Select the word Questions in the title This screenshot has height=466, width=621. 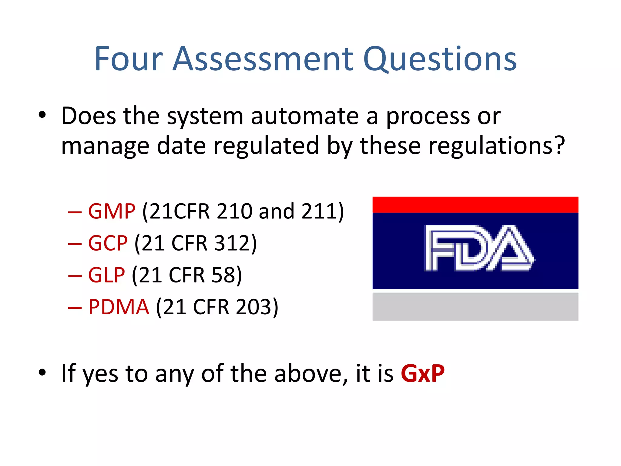click(x=440, y=60)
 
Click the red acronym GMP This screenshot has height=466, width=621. click(x=112, y=211)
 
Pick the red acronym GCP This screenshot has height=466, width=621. click(x=108, y=243)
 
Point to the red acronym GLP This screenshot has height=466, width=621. click(x=106, y=275)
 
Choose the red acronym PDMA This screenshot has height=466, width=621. click(x=119, y=307)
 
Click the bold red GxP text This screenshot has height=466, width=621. click(x=422, y=373)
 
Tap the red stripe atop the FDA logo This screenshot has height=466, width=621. click(x=475, y=204)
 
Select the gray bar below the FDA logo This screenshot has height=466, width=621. click(x=475, y=307)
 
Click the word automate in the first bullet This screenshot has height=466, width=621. click(x=305, y=116)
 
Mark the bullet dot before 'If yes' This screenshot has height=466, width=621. click(x=42, y=372)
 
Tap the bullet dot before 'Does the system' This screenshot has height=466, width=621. click(x=42, y=115)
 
